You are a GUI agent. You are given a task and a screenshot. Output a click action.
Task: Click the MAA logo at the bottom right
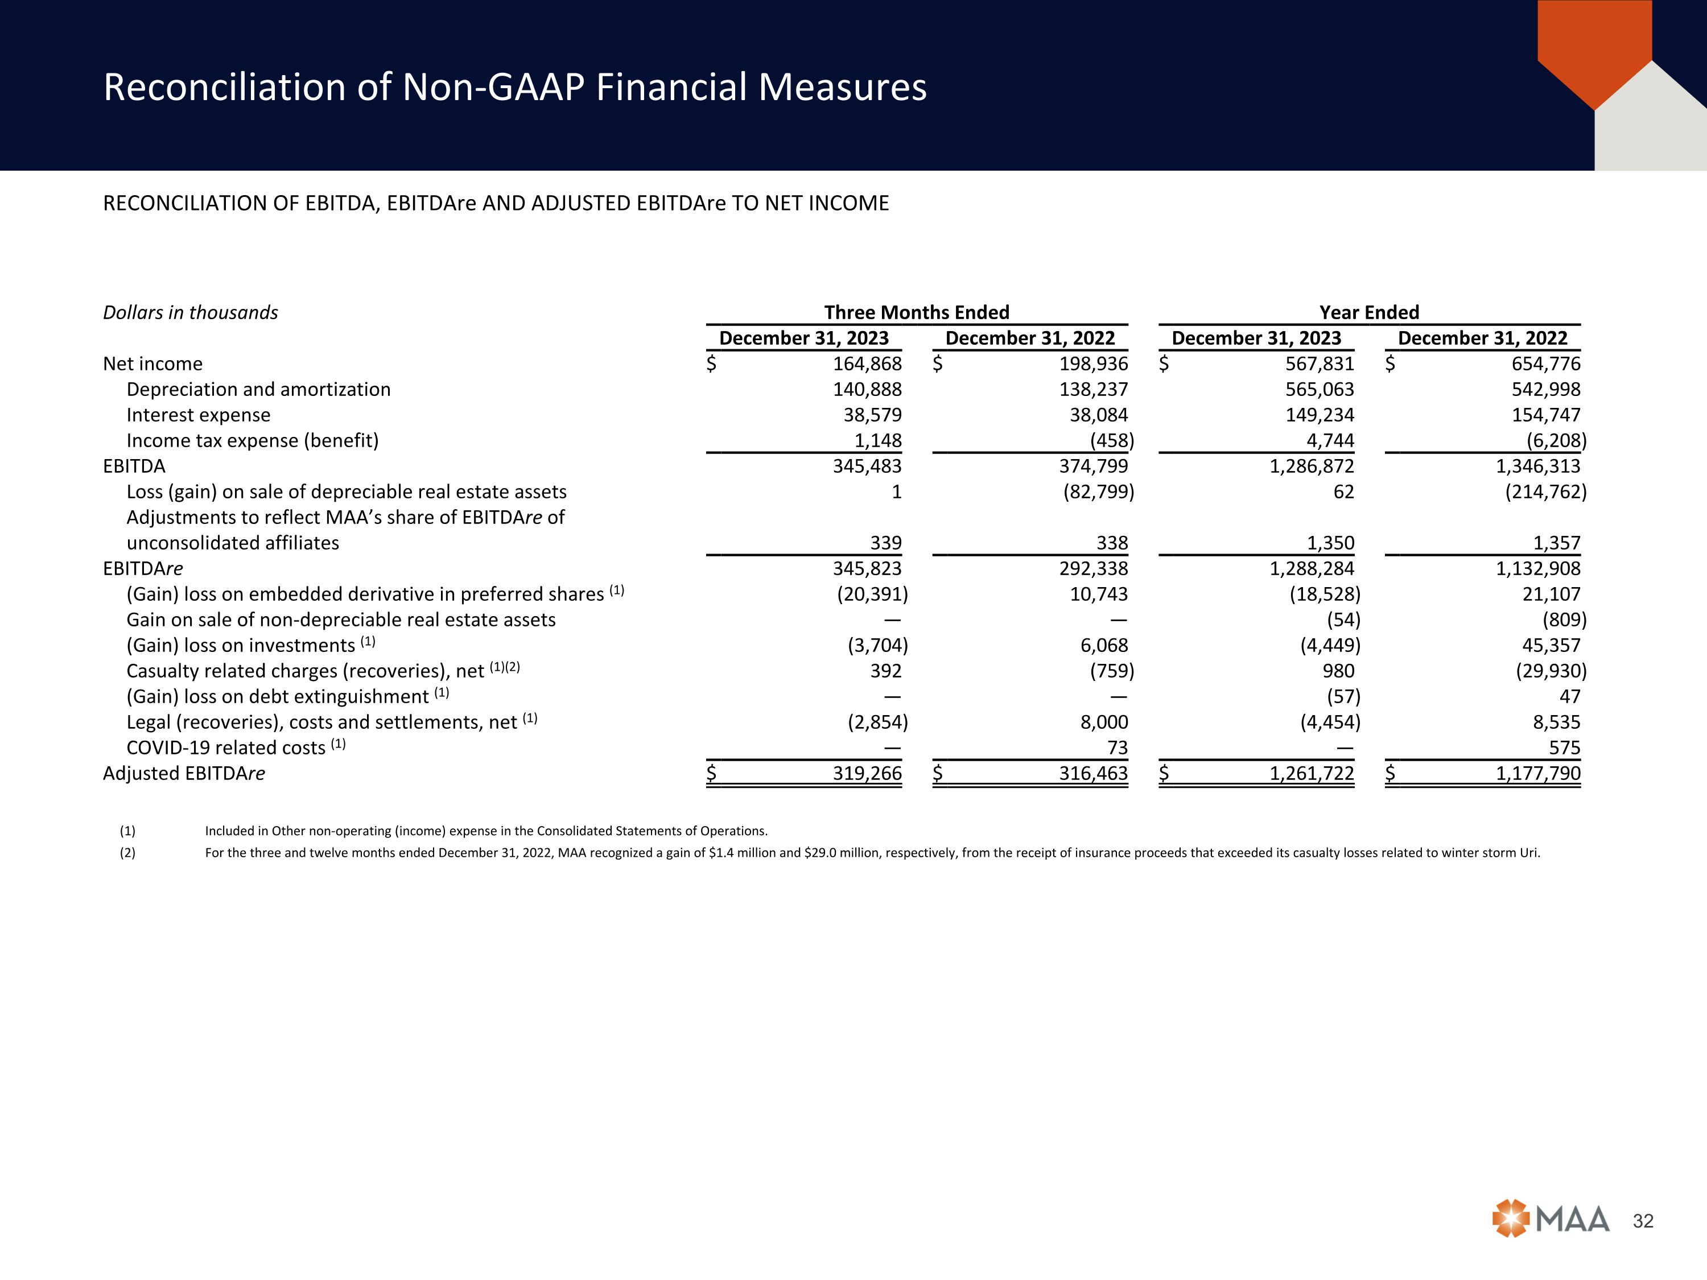click(1551, 1219)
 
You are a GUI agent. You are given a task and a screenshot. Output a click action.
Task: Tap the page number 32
click(1643, 1221)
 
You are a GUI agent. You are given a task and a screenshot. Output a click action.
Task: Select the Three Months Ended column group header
click(916, 312)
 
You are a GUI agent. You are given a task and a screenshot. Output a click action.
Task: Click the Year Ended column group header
click(1369, 312)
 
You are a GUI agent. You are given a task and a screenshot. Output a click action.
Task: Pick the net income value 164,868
click(867, 364)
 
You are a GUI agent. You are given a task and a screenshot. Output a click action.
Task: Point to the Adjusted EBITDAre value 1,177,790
click(1538, 773)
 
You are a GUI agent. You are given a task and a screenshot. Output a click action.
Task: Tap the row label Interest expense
click(199, 415)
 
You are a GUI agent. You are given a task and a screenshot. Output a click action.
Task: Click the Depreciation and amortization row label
click(258, 390)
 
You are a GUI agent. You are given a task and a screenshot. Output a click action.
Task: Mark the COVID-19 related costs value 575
click(1564, 748)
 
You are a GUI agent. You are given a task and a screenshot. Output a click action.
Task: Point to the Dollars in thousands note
click(191, 312)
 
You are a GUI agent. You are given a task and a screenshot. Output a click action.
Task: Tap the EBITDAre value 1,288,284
click(1312, 569)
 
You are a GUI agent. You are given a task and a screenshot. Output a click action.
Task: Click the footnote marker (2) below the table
click(127, 853)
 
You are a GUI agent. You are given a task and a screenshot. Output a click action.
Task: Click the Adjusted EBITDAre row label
click(184, 773)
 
